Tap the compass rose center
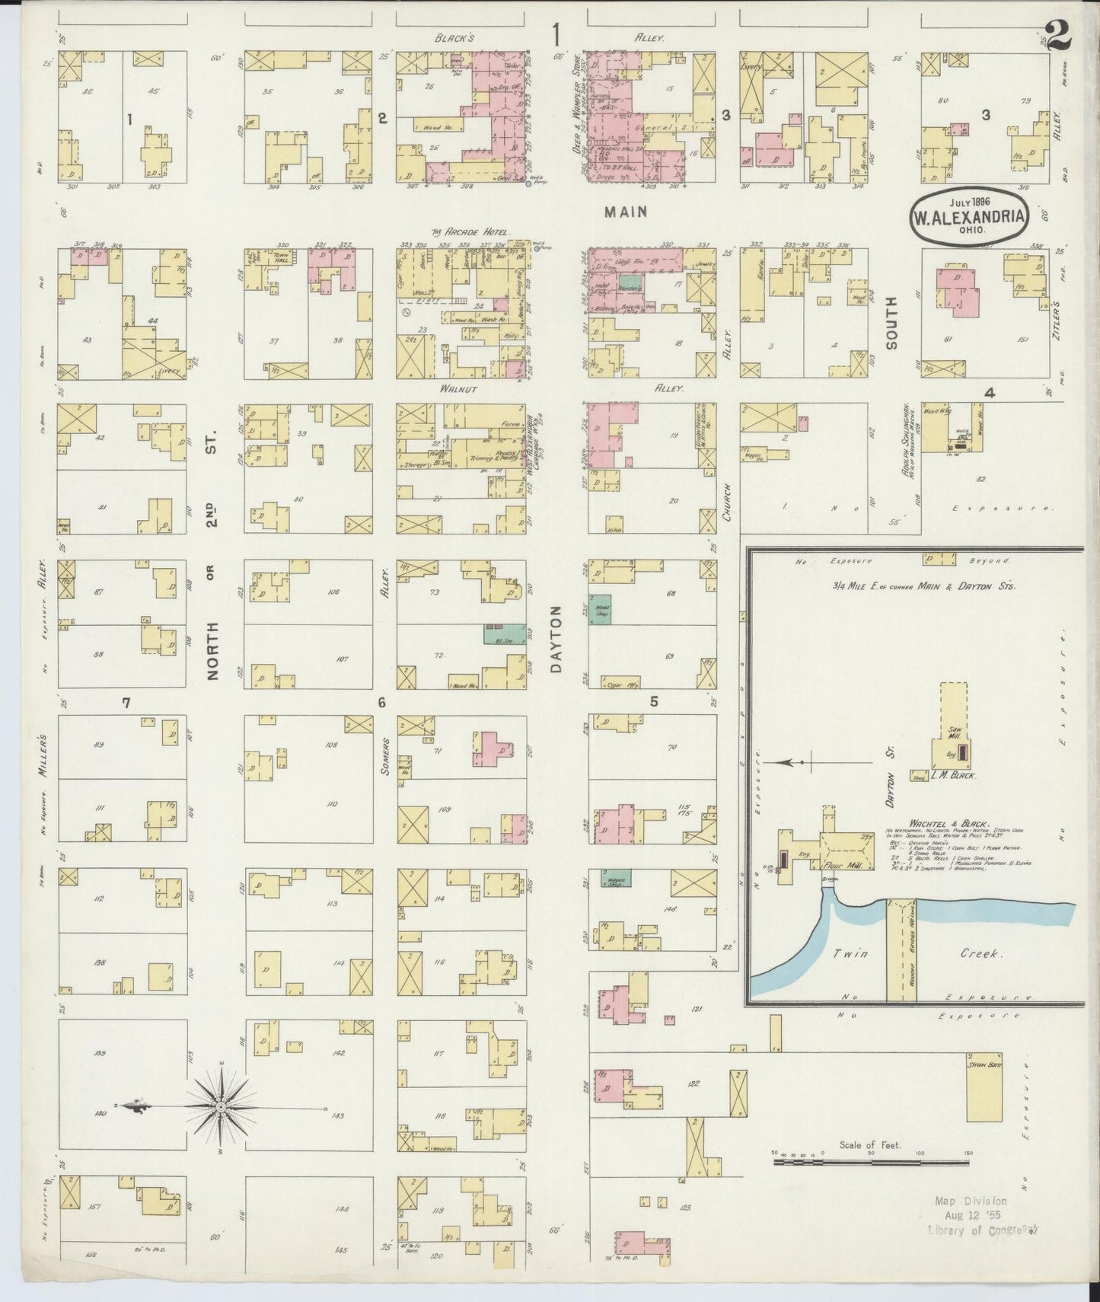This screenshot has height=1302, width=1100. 221,1106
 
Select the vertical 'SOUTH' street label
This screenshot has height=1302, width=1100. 891,323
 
